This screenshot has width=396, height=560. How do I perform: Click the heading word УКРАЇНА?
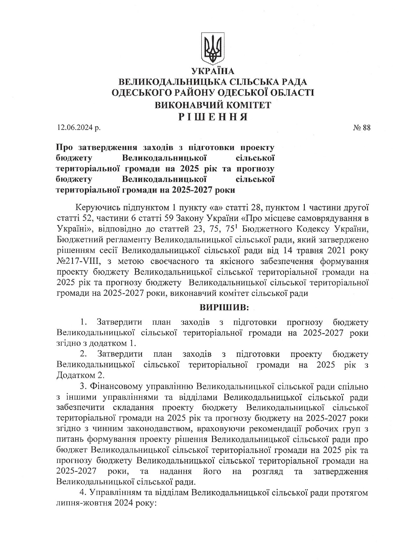213,71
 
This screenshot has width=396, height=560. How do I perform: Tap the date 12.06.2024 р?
78,128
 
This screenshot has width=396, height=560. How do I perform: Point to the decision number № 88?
362,128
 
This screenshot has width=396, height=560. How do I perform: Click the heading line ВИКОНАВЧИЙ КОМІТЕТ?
213,105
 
